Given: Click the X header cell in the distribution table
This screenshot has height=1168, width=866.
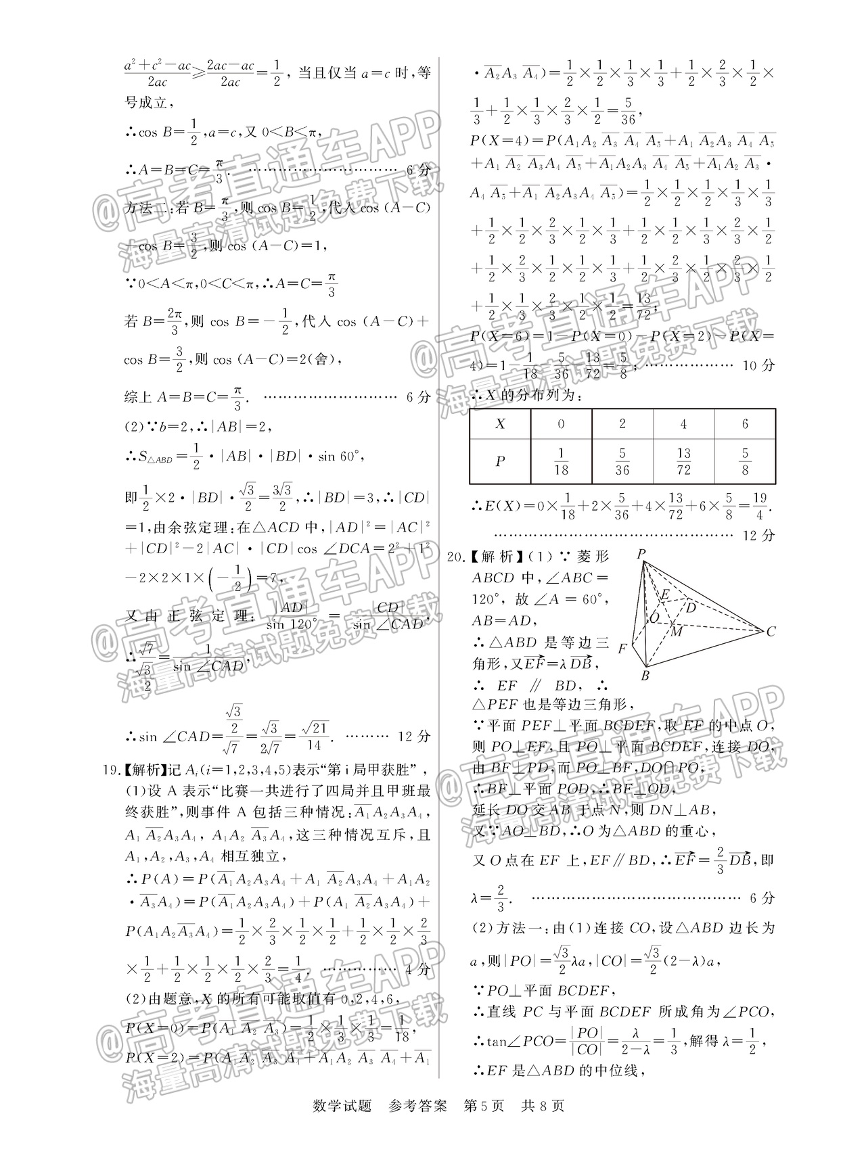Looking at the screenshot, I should point(500,424).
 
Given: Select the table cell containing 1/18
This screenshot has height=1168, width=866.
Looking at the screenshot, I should point(560,461).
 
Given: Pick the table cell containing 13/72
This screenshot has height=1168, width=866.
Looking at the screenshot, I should point(683,461).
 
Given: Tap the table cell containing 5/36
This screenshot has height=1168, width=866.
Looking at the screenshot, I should point(622,461).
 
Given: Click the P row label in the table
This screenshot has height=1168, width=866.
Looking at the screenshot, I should point(500,461).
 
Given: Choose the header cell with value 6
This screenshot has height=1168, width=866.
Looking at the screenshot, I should point(745,424).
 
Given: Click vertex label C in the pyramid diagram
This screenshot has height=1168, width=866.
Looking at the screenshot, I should point(771,632).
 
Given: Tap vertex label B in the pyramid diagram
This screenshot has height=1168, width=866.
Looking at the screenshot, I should point(645,676).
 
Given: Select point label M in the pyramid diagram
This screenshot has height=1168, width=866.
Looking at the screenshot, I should point(676,631).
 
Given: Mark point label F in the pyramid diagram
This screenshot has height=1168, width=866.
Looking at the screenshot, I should point(622,648).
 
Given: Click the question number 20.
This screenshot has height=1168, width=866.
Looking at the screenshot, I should point(455,557).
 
